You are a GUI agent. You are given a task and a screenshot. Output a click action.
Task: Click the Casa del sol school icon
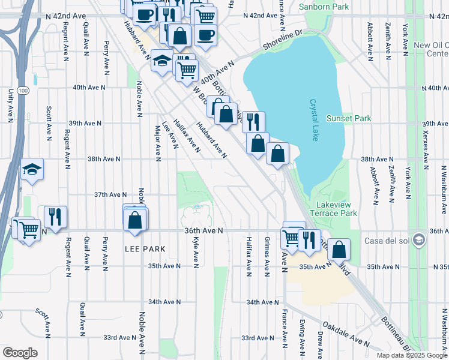tap(418, 241)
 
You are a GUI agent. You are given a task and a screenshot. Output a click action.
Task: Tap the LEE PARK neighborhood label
tap(145, 248)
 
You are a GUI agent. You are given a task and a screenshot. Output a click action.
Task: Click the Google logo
tap(20, 352)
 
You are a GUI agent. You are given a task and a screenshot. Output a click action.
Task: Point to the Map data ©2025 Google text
tap(411, 355)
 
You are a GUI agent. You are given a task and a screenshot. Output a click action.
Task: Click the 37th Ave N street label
tap(110, 194)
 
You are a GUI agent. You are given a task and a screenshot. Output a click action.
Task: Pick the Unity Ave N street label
tap(10, 106)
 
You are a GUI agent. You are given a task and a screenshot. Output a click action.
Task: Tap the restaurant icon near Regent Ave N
tap(55, 217)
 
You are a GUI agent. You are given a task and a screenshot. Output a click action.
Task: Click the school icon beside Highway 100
tap(32, 170)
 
